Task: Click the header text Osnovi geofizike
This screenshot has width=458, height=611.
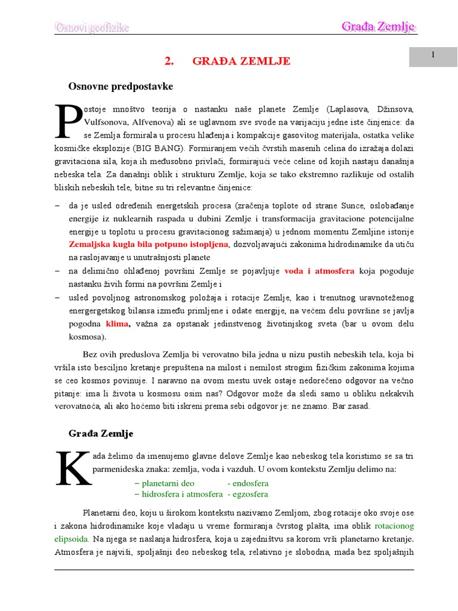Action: pyautogui.click(x=92, y=27)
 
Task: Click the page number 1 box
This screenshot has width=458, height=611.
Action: pyautogui.click(x=432, y=55)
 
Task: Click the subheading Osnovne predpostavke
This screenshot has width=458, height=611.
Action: pyautogui.click(x=120, y=87)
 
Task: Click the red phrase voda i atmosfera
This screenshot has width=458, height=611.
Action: pyautogui.click(x=320, y=271)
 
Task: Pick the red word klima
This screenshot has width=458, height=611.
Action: pyautogui.click(x=117, y=324)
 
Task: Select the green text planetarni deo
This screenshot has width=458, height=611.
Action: pyautogui.click(x=165, y=483)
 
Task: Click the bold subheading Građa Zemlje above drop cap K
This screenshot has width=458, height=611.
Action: pyautogui.click(x=101, y=433)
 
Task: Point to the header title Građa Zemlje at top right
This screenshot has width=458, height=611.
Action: pyautogui.click(x=378, y=27)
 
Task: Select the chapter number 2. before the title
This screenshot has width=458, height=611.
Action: pyautogui.click(x=168, y=61)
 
